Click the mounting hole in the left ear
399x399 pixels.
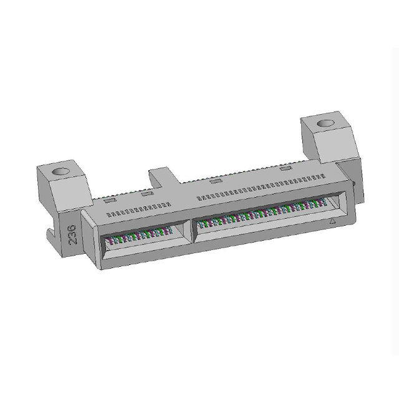pyautogui.click(x=61, y=171)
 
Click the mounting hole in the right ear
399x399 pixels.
pyautogui.click(x=325, y=123)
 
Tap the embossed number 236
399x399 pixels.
pyautogui.click(x=72, y=234)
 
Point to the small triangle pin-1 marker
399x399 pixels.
pyautogui.click(x=332, y=221)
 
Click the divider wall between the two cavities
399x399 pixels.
pyautogui.click(x=192, y=231)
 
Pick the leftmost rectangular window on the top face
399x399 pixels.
pyautogui.click(x=110, y=200)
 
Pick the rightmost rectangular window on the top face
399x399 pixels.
pyautogui.click(x=286, y=168)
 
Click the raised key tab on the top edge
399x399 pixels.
pyautogui.click(x=163, y=176)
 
